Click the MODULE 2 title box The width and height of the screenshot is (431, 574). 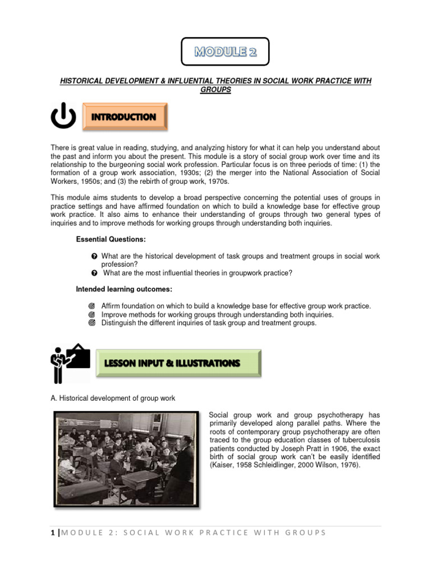(225, 52)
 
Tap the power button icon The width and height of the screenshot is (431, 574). (63, 117)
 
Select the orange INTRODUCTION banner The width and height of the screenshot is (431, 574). (124, 117)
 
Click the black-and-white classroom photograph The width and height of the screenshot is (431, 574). (126, 459)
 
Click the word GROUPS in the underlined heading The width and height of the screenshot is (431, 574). (215, 90)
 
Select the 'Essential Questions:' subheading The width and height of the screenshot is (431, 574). (111, 240)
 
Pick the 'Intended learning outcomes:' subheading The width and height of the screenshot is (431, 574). (124, 289)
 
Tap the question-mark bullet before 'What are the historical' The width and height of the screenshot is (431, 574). (94, 256)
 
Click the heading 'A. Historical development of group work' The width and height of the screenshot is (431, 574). (113, 399)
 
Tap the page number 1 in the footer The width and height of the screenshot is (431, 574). (52, 533)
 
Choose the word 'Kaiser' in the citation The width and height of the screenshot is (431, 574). (221, 465)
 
